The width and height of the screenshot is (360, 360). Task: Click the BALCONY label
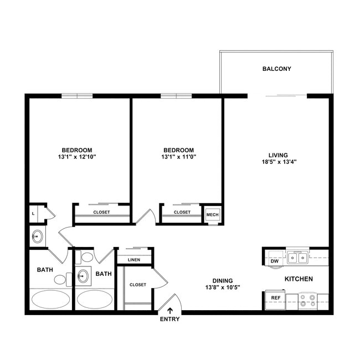[x=276, y=69]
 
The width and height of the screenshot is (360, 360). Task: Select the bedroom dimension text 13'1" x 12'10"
[x=76, y=157]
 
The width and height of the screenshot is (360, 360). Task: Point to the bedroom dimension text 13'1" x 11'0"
[x=178, y=157]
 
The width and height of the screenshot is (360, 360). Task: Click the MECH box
[x=212, y=214]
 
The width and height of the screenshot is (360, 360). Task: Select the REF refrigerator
[x=275, y=298]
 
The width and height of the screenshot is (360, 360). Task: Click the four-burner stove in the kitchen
[x=307, y=300]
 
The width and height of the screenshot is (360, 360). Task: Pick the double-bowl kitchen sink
[x=297, y=258]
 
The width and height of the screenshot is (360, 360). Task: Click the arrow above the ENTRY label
[x=170, y=311]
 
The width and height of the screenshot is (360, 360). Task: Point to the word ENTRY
[x=170, y=320]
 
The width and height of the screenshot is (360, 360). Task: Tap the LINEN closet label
[x=133, y=260]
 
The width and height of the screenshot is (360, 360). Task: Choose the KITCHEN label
[x=299, y=279]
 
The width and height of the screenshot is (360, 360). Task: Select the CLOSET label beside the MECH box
[x=182, y=212]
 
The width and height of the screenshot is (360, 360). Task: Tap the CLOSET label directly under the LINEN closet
[x=137, y=285]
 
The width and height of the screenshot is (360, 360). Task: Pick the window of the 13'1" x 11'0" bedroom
[x=176, y=96]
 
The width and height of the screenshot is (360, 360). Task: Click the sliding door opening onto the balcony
[x=285, y=96]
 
